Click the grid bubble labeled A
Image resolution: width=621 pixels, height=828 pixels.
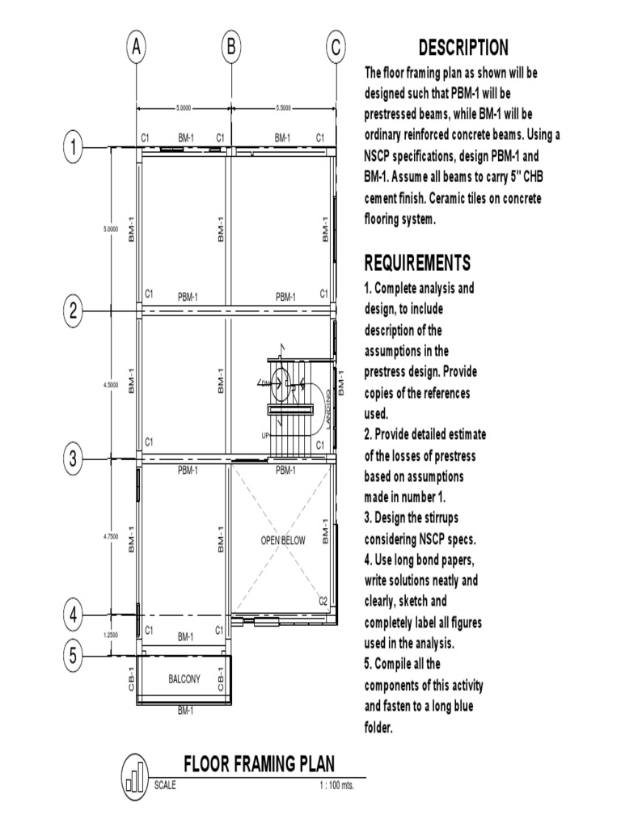pyautogui.click(x=137, y=49)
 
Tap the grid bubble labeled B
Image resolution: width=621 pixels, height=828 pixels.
pyautogui.click(x=231, y=49)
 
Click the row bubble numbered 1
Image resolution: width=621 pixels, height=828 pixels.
pyautogui.click(x=74, y=148)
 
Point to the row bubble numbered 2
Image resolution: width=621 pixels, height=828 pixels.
pyautogui.click(x=74, y=310)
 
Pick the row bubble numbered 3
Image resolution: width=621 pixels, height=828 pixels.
pyautogui.click(x=74, y=459)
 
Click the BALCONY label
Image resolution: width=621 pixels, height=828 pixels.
pyautogui.click(x=184, y=679)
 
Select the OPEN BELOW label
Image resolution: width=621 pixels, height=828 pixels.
pyautogui.click(x=283, y=540)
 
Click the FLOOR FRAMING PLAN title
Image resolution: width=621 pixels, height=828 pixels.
pyautogui.click(x=259, y=764)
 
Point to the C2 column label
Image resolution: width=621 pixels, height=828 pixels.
pyautogui.click(x=323, y=600)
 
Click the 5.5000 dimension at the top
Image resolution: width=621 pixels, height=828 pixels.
pyautogui.click(x=283, y=108)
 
